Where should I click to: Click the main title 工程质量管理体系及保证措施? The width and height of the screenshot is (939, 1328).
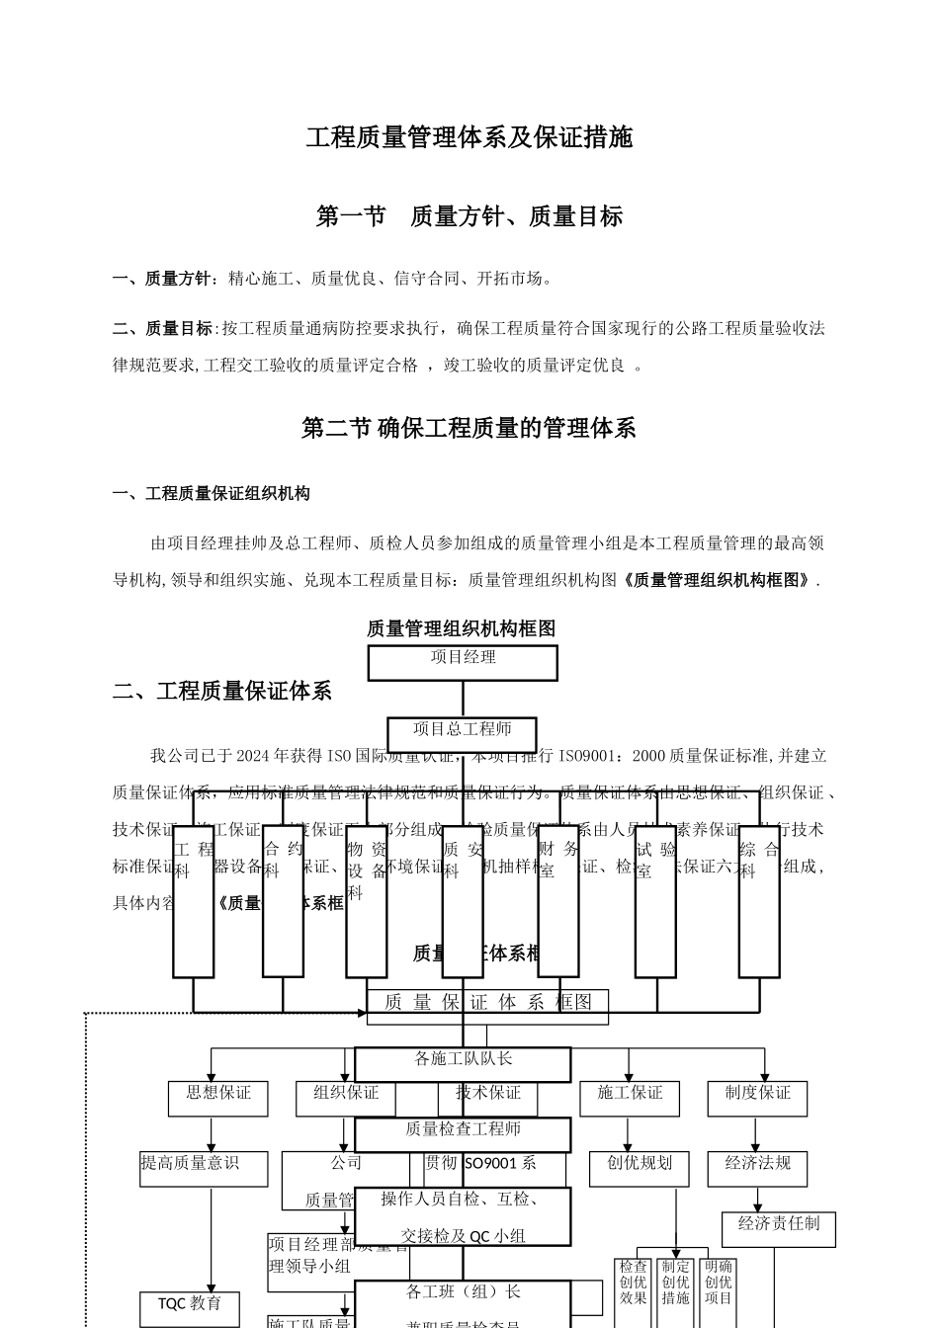click(469, 137)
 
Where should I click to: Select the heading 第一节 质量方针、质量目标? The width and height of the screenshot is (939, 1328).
click(469, 216)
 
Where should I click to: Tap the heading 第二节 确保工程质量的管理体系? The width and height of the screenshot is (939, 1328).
click(469, 428)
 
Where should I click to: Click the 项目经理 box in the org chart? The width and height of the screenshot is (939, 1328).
click(463, 662)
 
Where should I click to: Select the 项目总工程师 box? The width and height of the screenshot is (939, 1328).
click(462, 734)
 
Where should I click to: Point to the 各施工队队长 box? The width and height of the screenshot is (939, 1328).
click(463, 1064)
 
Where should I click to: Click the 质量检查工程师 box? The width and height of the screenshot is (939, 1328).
click(463, 1134)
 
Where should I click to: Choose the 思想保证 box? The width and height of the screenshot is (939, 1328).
click(218, 1098)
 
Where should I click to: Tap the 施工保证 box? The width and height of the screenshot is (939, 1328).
click(630, 1098)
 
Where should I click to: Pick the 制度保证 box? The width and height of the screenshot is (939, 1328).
click(757, 1098)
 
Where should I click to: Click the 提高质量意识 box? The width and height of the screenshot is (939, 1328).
click(204, 1168)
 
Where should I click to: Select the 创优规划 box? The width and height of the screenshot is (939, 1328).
click(640, 1168)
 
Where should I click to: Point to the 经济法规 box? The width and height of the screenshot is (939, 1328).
click(757, 1168)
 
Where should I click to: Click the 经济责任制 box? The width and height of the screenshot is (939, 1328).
click(778, 1228)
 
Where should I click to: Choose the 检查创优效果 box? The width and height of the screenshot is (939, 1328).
click(634, 1283)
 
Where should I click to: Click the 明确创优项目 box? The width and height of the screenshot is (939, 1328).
click(719, 1283)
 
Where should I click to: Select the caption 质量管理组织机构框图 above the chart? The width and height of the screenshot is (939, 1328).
click(462, 628)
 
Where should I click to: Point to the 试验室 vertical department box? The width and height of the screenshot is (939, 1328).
click(655, 901)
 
